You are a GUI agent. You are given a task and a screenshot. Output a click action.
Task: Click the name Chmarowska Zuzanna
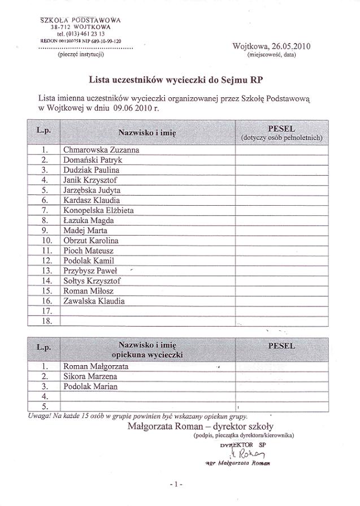(x=101, y=150)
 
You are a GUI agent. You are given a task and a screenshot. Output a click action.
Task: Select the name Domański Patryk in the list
(x=93, y=160)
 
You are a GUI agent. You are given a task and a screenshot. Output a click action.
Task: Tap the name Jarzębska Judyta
(x=92, y=191)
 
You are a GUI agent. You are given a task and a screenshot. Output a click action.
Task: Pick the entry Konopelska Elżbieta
(x=98, y=210)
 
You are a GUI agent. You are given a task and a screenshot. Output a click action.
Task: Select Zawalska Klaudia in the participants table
(x=94, y=301)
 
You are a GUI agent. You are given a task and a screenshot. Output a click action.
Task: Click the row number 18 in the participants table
(x=47, y=321)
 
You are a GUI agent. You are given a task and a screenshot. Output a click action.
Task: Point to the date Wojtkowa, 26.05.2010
(x=271, y=46)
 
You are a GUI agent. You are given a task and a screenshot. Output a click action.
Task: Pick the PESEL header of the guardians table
(x=281, y=345)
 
